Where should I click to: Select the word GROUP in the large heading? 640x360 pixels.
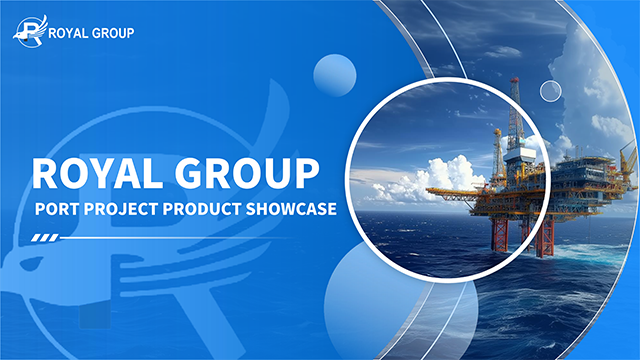(254, 172)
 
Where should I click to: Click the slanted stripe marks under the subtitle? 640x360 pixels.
(46, 238)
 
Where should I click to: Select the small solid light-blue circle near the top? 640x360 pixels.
(335, 74)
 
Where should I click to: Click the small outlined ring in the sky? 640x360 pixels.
(550, 91)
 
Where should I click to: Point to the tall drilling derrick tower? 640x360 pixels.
(515, 115)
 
